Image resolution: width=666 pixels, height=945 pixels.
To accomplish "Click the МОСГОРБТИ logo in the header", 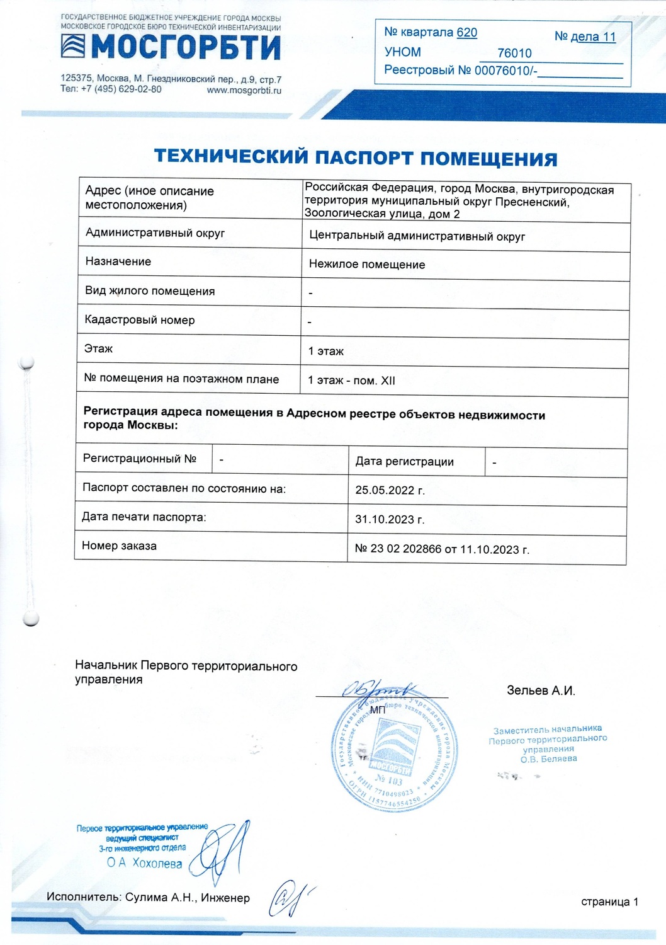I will (171, 47).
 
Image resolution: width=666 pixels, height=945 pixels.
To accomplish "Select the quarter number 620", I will (467, 33).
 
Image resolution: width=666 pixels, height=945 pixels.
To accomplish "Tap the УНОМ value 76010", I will (514, 54).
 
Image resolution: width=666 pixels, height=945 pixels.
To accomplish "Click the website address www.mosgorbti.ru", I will (244, 90).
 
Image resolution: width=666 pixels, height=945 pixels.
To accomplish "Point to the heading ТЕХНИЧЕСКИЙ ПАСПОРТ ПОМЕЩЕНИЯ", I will (356, 157).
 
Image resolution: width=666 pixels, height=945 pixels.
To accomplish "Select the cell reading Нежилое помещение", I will (367, 265).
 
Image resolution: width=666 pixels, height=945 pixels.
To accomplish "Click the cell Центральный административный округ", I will (417, 237).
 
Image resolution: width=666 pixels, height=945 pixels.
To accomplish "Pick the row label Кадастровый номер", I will (140, 320).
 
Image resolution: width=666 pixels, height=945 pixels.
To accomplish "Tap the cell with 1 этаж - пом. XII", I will (351, 381).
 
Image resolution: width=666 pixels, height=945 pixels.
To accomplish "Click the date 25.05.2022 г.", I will (390, 490).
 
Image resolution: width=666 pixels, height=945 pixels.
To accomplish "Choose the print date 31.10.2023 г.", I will (390, 520).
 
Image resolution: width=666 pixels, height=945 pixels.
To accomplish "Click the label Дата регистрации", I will (404, 461).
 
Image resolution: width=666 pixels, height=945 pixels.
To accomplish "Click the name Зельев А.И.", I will (541, 690).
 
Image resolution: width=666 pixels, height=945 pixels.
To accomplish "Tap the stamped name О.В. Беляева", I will (548, 759).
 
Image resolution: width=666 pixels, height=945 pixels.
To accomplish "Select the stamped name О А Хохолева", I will (145, 863).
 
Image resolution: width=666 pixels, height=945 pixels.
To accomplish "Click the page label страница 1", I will (609, 902).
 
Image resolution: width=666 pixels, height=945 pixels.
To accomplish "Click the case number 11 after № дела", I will (609, 37).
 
